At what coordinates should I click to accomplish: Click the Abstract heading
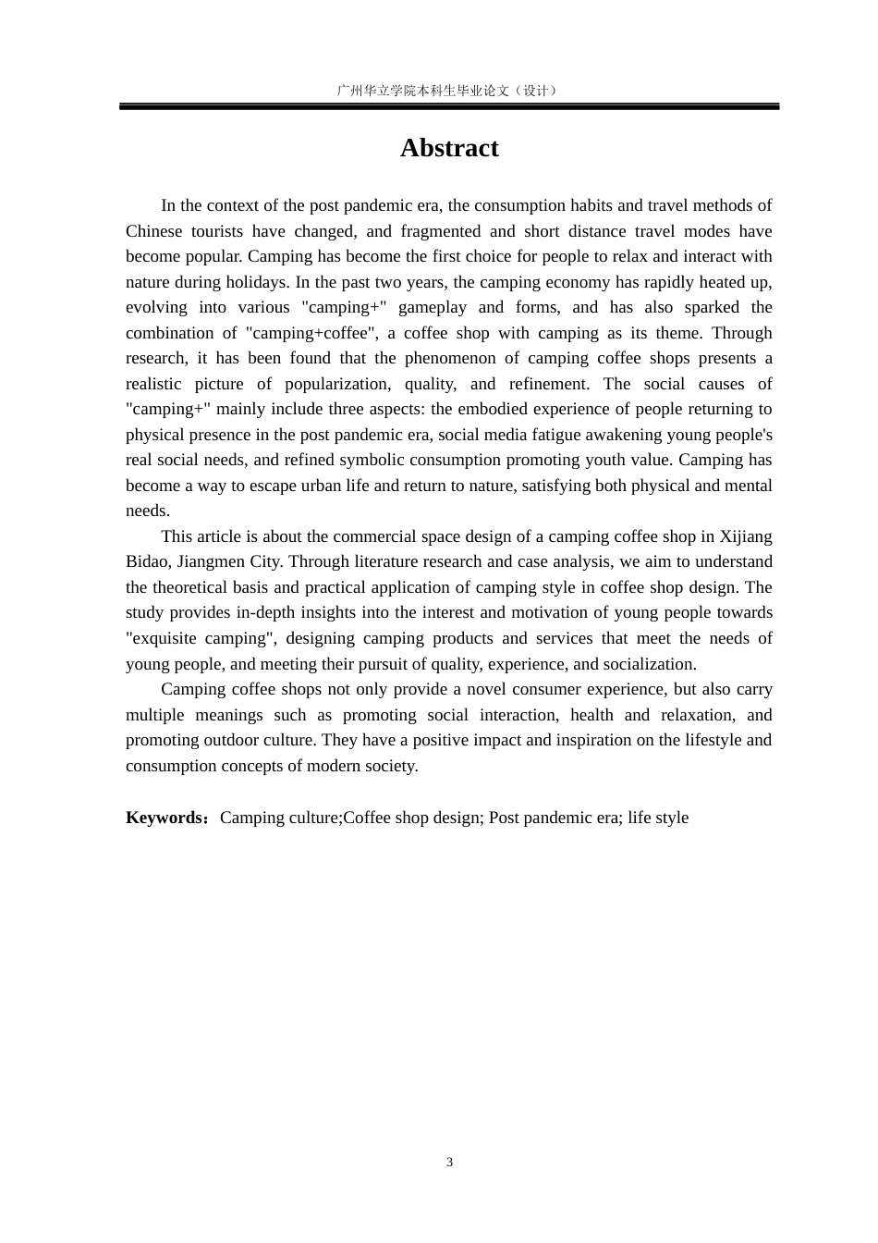pyautogui.click(x=449, y=148)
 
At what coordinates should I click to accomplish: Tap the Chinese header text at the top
pyautogui.click(x=448, y=91)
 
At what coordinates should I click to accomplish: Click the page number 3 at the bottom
pyautogui.click(x=450, y=1163)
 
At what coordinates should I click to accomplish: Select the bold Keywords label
pyautogui.click(x=165, y=818)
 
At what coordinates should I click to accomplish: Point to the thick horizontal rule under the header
pyautogui.click(x=449, y=107)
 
